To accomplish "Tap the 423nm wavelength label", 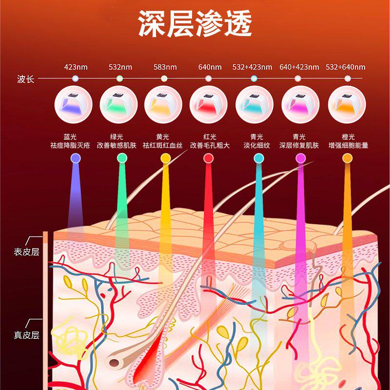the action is (x=76, y=67).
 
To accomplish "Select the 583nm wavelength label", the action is (x=165, y=67).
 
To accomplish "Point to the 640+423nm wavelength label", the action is (x=299, y=67).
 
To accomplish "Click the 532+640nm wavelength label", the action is (x=346, y=67).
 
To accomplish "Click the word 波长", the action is (x=25, y=79).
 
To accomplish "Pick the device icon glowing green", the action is (x=118, y=104).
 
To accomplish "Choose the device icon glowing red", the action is (x=209, y=104).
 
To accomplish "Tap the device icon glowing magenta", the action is (x=300, y=104).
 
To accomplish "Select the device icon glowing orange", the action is (x=347, y=104).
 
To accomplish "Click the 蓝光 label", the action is (x=70, y=137).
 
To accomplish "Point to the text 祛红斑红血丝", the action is (x=162, y=145).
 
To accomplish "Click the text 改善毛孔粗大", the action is (x=210, y=145).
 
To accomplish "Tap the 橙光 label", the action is (x=348, y=137).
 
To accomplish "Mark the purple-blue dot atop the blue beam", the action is (x=76, y=158).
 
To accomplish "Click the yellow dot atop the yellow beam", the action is (x=166, y=158).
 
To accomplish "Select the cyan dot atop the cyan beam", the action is (x=259, y=158).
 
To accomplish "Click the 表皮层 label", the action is (x=27, y=252).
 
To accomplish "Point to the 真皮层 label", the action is (x=27, y=335).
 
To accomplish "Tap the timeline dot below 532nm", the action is (x=119, y=78).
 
